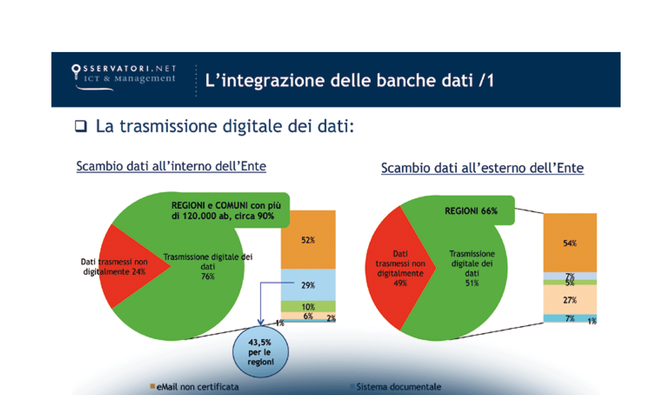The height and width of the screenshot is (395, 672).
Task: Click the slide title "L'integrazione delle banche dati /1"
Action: coord(349,80)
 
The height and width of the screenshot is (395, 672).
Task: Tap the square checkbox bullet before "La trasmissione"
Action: coord(81,126)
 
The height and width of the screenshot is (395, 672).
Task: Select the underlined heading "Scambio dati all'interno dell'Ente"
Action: coord(171,166)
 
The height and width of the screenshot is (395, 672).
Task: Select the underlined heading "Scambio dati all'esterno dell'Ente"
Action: coord(482,168)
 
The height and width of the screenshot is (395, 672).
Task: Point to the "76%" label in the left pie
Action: coord(208,276)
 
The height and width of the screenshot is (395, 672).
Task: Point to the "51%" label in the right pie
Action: coord(472,283)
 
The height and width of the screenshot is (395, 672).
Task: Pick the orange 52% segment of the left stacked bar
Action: coord(308,240)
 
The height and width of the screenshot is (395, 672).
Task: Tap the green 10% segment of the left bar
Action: coord(308,306)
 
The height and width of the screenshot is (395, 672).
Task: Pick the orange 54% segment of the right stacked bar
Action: coord(570,243)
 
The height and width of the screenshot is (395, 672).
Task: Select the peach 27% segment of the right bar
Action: coord(570,300)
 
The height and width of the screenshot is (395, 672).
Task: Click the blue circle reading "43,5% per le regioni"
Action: coord(260,352)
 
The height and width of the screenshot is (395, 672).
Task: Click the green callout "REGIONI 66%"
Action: coord(471,211)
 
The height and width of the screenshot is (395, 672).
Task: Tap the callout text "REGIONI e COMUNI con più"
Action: coord(226,206)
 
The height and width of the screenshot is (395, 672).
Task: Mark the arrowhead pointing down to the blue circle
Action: coord(261,322)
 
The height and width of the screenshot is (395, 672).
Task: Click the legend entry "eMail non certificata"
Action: coord(197,387)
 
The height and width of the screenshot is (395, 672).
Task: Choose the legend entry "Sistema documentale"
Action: coord(398,387)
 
